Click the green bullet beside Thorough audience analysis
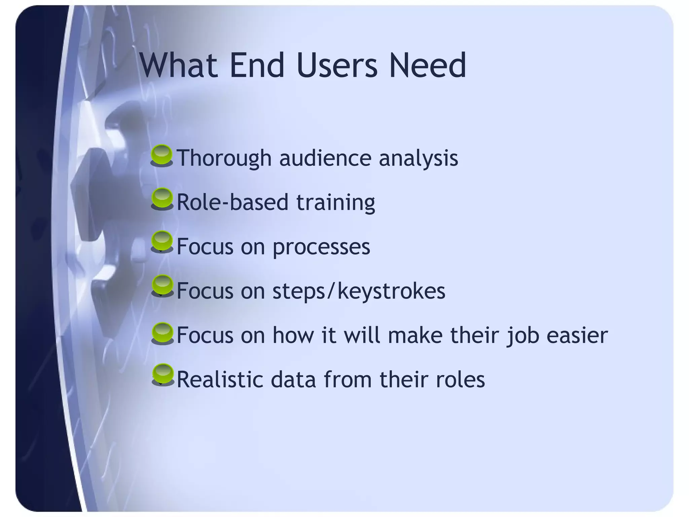click(162, 156)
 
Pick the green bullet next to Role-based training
click(162, 199)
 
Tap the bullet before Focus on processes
click(162, 242)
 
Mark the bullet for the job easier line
click(162, 334)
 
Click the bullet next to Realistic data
click(163, 375)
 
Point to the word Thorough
click(224, 158)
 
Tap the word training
click(335, 203)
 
